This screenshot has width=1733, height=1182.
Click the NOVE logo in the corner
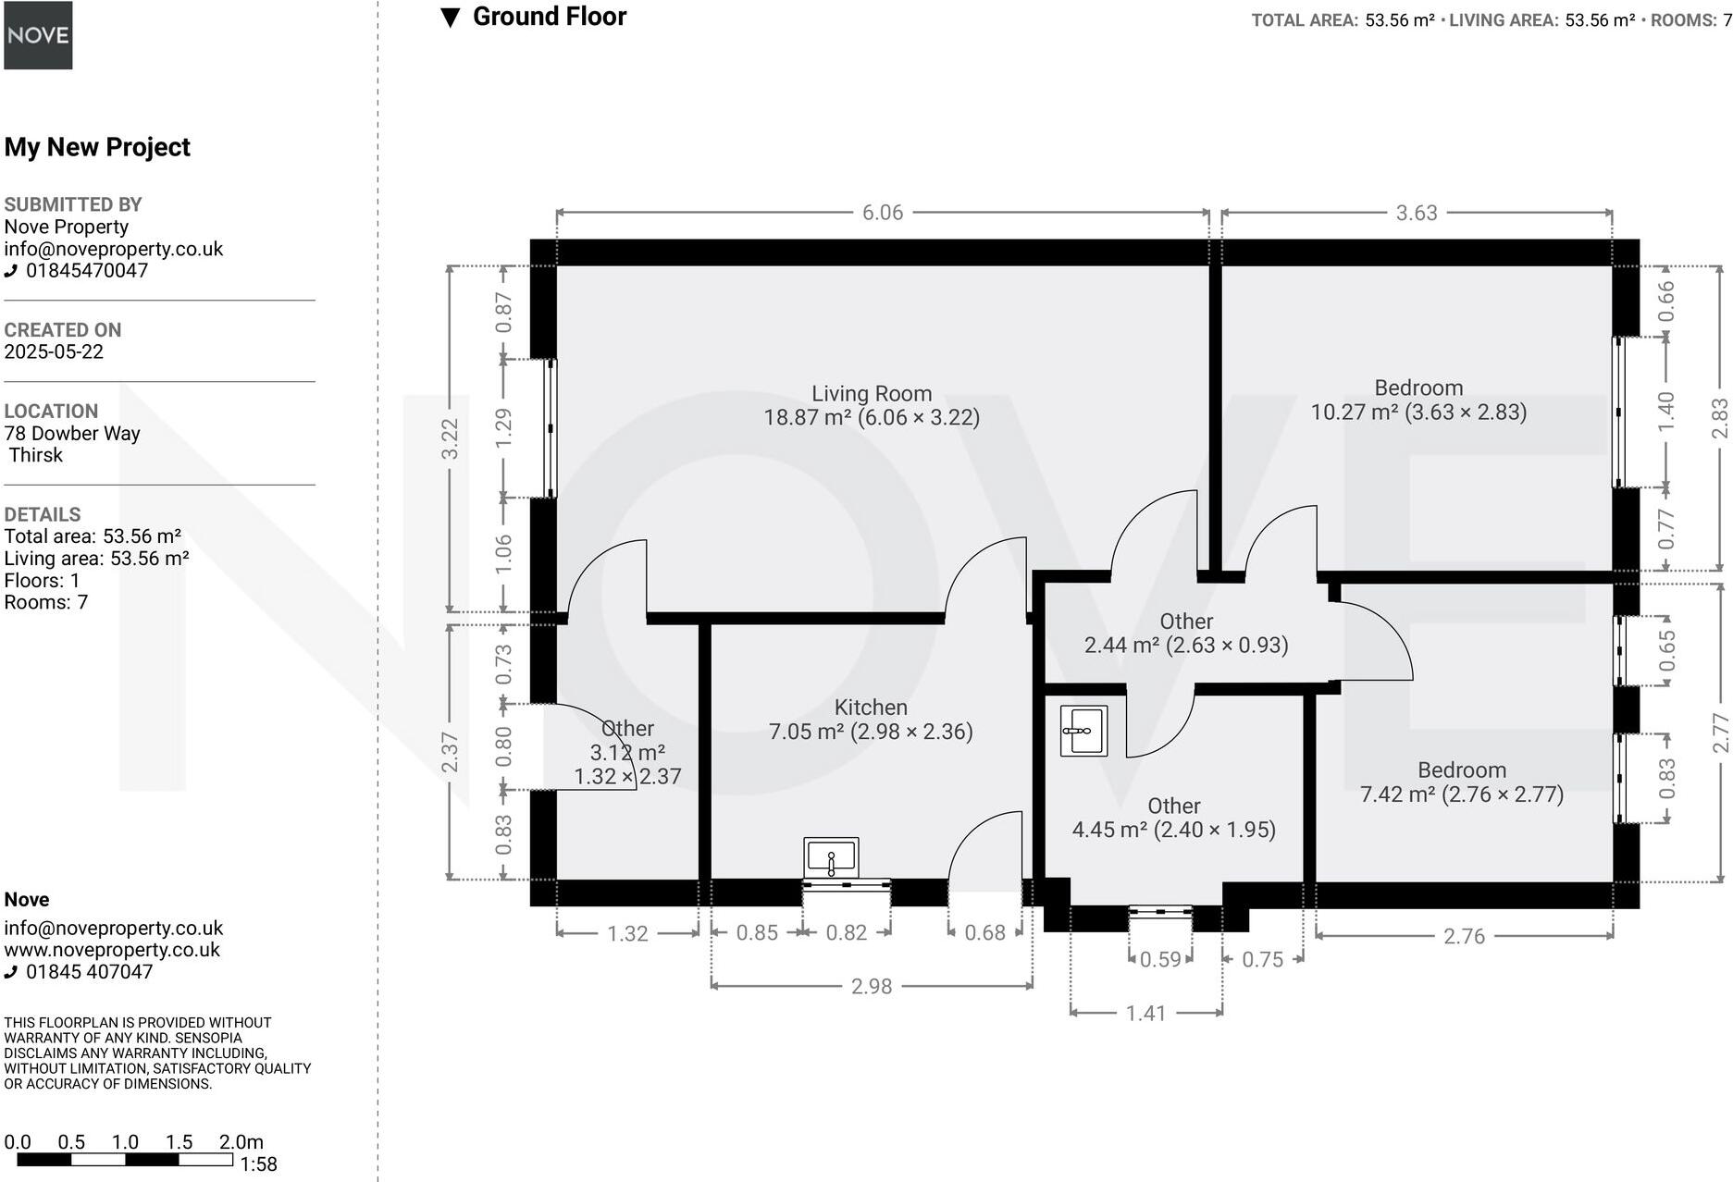(38, 35)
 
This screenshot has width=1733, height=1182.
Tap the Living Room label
(871, 394)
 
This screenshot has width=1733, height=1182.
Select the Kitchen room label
(871, 708)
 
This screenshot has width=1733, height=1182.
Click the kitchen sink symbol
(831, 858)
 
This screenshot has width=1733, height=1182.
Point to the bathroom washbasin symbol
(1083, 731)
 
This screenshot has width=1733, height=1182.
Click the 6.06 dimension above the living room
(882, 213)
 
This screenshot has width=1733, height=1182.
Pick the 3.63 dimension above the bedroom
(1416, 213)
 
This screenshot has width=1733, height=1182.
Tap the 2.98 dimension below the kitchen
(871, 986)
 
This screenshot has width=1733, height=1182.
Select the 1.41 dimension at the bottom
(1145, 1014)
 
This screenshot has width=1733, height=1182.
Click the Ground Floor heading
(549, 17)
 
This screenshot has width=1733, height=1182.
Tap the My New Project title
(97, 147)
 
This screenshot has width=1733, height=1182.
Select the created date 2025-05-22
(54, 351)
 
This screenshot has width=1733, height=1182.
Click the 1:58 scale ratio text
(258, 1164)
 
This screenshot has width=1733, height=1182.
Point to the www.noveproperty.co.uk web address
(112, 950)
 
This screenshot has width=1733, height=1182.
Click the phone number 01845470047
(86, 271)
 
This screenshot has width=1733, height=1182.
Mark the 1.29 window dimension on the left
(502, 428)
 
